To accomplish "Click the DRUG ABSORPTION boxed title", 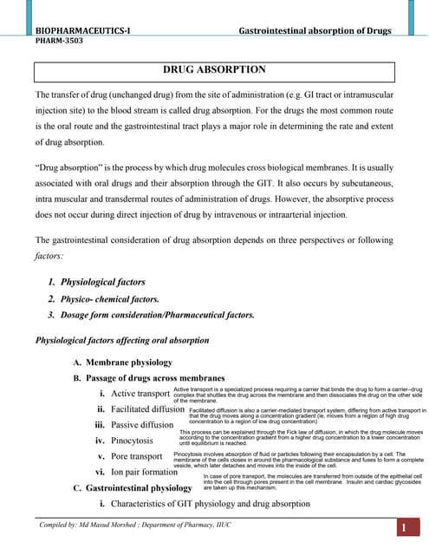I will (x=214, y=69).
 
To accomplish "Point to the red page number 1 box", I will (x=403, y=528).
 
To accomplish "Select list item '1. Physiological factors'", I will (x=96, y=282).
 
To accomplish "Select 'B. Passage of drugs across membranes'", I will (x=148, y=378).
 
